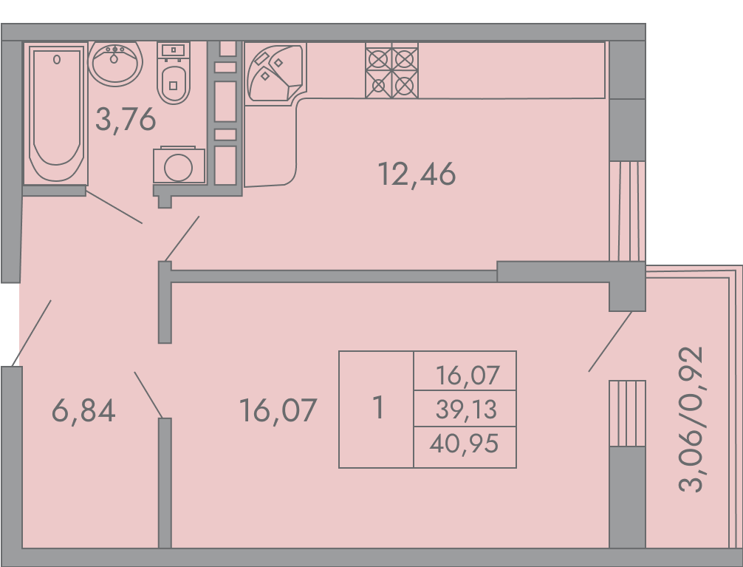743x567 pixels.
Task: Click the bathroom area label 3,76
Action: [x=126, y=119]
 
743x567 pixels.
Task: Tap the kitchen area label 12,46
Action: [x=417, y=174]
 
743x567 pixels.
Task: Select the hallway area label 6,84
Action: [x=83, y=411]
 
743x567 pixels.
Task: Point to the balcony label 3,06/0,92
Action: [x=691, y=420]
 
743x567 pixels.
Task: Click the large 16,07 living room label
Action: [x=278, y=411]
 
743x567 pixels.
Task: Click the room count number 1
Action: [x=378, y=407]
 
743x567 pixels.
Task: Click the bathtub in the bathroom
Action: [x=56, y=114]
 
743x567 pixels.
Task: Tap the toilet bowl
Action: [x=174, y=84]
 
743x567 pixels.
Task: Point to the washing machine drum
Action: [x=179, y=167]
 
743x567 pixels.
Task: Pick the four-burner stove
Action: [x=392, y=71]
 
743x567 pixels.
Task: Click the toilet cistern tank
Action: [x=174, y=50]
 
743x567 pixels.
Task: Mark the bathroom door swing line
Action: [x=114, y=207]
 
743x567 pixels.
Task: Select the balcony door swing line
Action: [x=610, y=342]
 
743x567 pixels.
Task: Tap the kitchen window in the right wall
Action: [x=627, y=211]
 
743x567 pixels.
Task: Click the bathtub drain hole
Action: [x=57, y=60]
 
